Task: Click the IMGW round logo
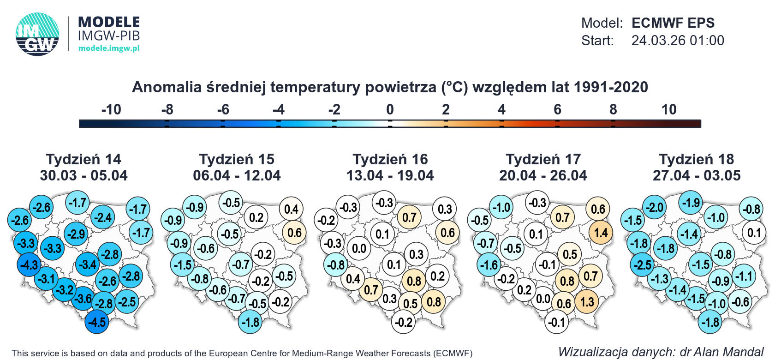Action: click(37, 34)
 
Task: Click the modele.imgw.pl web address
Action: click(109, 48)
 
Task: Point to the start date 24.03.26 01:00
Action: click(677, 41)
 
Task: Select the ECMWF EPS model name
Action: click(673, 23)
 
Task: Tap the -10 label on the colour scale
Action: click(111, 110)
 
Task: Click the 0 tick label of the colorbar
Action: click(390, 110)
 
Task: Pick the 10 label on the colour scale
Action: click(668, 110)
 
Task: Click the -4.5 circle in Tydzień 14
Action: click(97, 322)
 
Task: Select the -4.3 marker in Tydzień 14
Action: click(29, 265)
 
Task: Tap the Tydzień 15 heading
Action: click(237, 160)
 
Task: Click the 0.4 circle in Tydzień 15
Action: click(291, 209)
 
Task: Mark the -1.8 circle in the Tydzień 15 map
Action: click(250, 322)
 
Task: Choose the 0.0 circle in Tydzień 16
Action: click(358, 249)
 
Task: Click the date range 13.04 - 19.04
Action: click(390, 176)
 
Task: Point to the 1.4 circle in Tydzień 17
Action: click(600, 233)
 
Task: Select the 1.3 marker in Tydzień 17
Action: click(586, 302)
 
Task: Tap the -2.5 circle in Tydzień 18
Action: click(642, 265)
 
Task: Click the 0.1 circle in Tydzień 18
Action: click(753, 233)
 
